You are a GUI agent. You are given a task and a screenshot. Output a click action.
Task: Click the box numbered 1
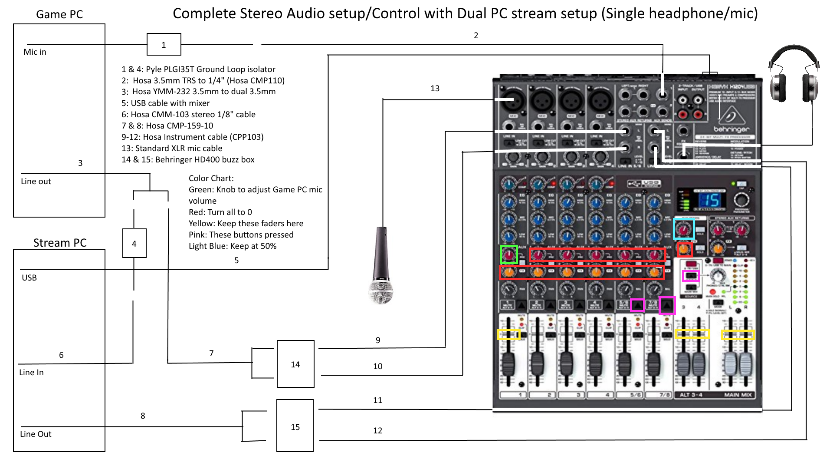pos(164,44)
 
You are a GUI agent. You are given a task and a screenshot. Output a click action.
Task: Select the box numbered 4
pos(134,243)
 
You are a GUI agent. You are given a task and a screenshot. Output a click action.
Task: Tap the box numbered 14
pos(295,364)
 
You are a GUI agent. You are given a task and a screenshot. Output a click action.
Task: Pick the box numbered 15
pos(295,426)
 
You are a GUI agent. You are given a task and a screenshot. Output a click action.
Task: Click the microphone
pos(381,265)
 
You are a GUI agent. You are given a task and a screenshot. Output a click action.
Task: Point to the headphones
pos(794,74)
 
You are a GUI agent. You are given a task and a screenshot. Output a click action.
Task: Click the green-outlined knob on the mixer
pos(509,254)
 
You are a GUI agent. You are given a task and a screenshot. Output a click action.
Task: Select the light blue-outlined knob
pos(684,229)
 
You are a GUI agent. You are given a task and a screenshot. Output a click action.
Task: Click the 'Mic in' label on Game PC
pos(35,52)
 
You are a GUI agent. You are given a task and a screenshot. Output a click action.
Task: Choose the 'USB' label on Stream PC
pos(29,278)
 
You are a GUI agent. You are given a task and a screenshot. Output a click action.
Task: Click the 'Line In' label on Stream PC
pos(31,373)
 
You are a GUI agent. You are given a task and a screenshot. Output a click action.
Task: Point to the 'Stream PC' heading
pos(60,243)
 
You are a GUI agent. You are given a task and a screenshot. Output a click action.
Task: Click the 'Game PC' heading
pos(59,14)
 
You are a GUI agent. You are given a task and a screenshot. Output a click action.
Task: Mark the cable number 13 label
pos(435,89)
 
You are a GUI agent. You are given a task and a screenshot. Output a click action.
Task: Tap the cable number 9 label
pos(378,340)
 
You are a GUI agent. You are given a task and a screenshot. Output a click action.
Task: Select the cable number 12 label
pos(378,431)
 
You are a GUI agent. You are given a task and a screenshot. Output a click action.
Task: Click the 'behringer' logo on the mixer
pos(731,129)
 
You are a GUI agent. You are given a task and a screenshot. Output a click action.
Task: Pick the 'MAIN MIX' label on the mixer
pos(738,395)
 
